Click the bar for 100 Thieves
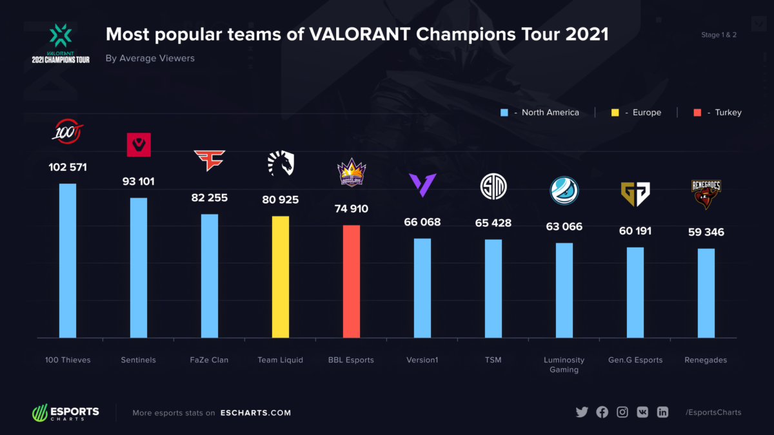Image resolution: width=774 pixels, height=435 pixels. click(68, 260)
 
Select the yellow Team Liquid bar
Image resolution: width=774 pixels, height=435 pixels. click(281, 276)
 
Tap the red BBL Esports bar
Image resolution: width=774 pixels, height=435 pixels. click(351, 281)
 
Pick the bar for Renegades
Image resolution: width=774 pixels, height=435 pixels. click(706, 293)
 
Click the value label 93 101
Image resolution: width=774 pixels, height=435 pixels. click(138, 182)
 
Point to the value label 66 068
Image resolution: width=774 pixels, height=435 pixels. click(422, 222)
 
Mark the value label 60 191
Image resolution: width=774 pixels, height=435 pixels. click(635, 231)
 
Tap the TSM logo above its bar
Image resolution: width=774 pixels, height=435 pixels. click(493, 187)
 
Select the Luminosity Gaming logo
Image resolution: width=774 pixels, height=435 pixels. click(564, 190)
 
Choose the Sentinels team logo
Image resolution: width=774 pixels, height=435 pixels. click(138, 145)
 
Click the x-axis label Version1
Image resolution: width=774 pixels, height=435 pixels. click(422, 360)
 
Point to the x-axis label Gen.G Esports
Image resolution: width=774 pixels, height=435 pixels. click(635, 360)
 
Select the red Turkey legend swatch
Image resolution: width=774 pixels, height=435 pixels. click(698, 113)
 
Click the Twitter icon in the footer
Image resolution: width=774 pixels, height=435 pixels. click(582, 412)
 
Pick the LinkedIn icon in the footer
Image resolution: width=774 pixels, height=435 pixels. click(662, 412)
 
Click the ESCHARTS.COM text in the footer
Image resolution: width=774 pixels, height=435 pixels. click(255, 413)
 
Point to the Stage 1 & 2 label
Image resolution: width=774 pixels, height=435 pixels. click(719, 35)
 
